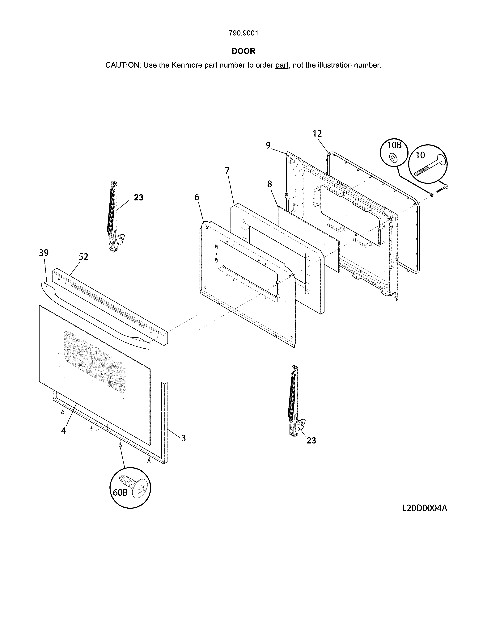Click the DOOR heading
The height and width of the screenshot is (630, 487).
[243, 51]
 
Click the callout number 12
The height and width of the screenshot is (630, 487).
[317, 134]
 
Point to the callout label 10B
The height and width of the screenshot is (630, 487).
[394, 145]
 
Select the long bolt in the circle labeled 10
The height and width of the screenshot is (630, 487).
[430, 166]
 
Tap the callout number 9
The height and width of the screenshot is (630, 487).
[268, 146]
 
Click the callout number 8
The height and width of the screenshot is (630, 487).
[269, 184]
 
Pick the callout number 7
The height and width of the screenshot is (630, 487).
[227, 171]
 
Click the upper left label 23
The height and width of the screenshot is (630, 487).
[138, 198]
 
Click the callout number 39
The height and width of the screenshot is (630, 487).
[44, 253]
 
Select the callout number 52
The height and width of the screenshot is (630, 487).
[83, 257]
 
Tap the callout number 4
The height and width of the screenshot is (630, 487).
[63, 431]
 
